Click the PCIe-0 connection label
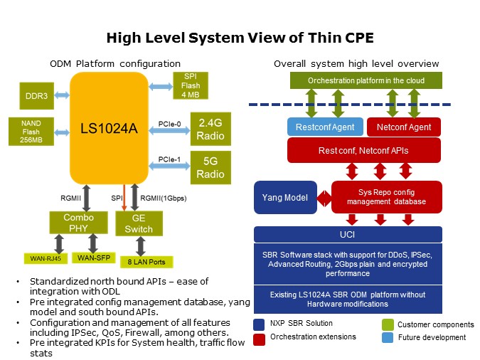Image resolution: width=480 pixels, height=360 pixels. pyautogui.click(x=171, y=123)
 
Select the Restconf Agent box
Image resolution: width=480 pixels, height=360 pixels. pyautogui.click(x=324, y=127)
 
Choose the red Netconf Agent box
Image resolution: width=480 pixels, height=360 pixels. pyautogui.click(x=403, y=127)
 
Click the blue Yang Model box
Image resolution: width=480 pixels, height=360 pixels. pyautogui.click(x=284, y=197)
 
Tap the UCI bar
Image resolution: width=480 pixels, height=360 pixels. pyautogui.click(x=348, y=234)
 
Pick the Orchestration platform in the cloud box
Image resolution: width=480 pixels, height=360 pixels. pyautogui.click(x=366, y=80)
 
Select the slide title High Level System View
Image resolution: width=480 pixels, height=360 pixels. pyautogui.click(x=240, y=38)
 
